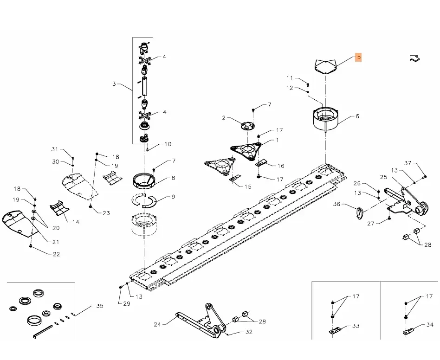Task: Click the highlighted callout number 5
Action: coord(358,58)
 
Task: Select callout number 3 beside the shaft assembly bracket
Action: coord(114,84)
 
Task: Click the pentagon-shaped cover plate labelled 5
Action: coord(325,65)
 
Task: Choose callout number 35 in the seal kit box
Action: coord(100,306)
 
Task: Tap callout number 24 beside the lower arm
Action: coord(157,324)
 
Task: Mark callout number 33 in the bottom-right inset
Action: coord(356,326)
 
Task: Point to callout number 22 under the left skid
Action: coord(56,254)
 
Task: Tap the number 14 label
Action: coord(75,222)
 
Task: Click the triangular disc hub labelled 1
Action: coord(246,150)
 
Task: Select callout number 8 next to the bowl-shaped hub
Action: coord(173,178)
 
